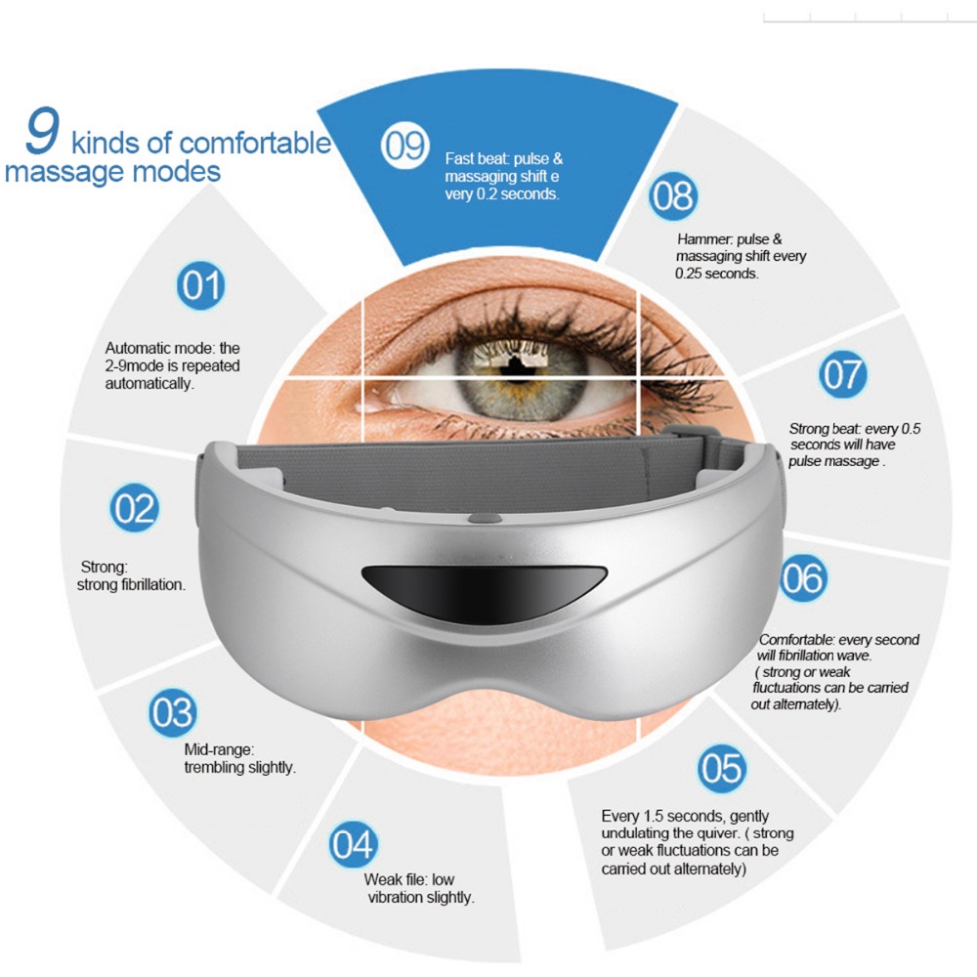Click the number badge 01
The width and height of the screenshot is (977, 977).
click(x=200, y=285)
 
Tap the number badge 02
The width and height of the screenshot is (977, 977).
click(x=135, y=507)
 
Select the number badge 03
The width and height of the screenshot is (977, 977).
click(x=173, y=712)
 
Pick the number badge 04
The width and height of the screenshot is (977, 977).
click(x=354, y=844)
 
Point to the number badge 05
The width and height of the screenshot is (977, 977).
click(x=722, y=768)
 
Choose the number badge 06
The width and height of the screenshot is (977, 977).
click(x=803, y=577)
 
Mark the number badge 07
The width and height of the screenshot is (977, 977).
click(x=842, y=374)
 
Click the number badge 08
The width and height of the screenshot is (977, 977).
click(x=673, y=195)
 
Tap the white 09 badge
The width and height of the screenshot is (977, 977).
click(x=405, y=146)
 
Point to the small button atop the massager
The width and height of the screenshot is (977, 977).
click(x=485, y=518)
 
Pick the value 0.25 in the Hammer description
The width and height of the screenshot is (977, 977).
click(x=690, y=274)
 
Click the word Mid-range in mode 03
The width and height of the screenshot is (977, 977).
click(x=219, y=749)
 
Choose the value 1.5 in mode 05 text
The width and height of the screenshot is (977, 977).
click(x=654, y=816)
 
